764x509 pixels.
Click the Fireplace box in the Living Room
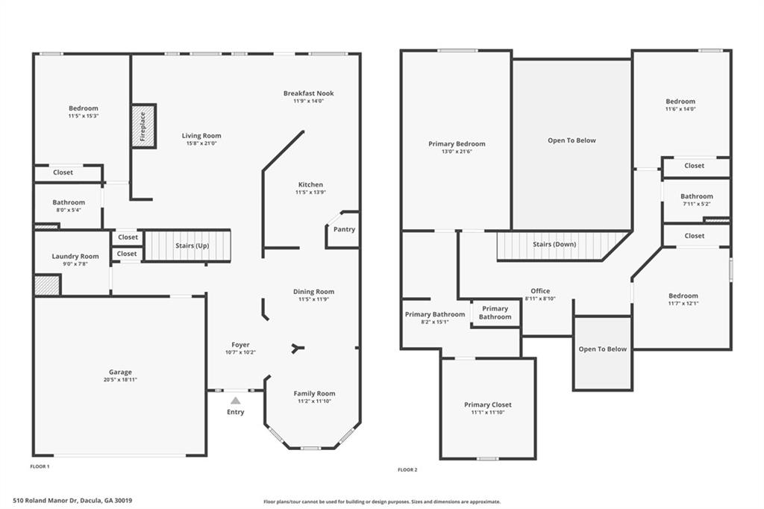click(143, 126)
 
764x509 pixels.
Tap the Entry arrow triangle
click(236, 401)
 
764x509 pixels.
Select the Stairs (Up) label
click(192, 246)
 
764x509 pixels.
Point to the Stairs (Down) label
click(554, 244)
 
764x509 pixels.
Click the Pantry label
click(344, 229)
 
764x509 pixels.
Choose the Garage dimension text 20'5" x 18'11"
click(120, 380)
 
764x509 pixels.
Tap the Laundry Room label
click(75, 257)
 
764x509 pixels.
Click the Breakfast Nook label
click(309, 93)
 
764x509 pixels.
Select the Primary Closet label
click(488, 405)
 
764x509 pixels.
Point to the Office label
click(540, 290)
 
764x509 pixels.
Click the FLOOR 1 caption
click(40, 466)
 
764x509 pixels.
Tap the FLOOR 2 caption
click(408, 470)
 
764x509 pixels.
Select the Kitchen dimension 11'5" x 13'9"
click(311, 193)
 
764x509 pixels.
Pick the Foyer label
click(241, 345)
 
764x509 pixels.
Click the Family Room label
click(314, 393)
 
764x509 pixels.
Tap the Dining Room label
click(314, 292)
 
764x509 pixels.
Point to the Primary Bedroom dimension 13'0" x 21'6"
click(457, 152)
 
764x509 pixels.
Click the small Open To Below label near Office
click(603, 349)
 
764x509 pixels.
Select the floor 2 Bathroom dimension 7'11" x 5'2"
click(697, 204)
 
